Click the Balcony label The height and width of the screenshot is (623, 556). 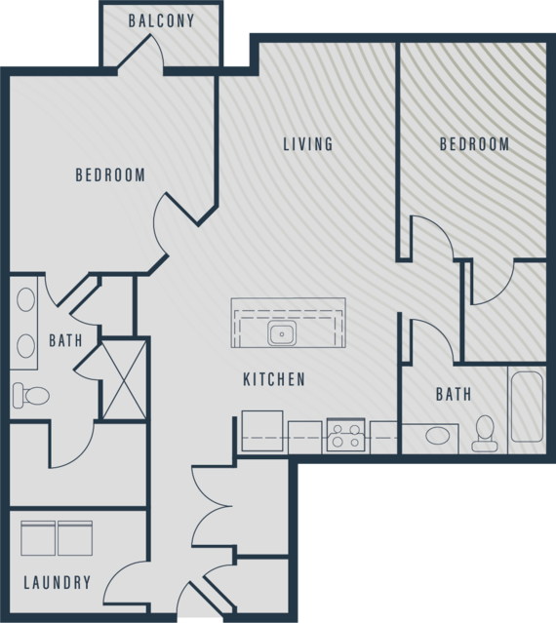[161, 20]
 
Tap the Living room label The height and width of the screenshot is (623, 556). [308, 144]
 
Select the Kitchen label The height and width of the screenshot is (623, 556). [274, 379]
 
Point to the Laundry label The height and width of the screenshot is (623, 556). [58, 582]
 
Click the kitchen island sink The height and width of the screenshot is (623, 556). [282, 333]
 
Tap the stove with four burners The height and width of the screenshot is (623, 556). [345, 435]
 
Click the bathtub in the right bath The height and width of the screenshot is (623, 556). [527, 407]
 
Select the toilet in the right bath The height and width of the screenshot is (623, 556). [485, 434]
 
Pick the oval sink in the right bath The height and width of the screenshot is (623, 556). [438, 436]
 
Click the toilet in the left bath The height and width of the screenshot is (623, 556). [31, 395]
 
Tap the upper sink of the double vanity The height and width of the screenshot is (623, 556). [25, 299]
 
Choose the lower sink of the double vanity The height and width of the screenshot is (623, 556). [25, 346]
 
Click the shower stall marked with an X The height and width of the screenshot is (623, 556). [125, 379]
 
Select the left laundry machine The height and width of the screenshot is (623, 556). [38, 538]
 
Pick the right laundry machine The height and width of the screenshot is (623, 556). [75, 538]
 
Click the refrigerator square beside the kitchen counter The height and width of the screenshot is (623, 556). [262, 431]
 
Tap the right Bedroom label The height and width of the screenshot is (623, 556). [474, 144]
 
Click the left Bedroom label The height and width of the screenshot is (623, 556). [110, 175]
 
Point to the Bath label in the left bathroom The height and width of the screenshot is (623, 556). [65, 340]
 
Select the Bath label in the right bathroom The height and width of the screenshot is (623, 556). [454, 394]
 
